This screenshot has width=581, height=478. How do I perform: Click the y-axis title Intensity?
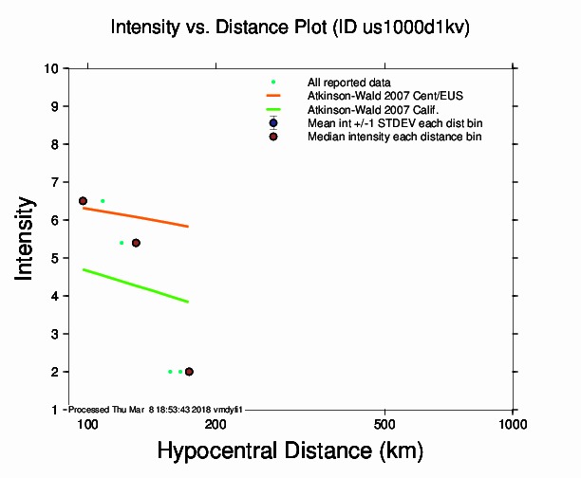(x=27, y=238)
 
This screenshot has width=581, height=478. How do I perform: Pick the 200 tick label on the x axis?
(x=216, y=423)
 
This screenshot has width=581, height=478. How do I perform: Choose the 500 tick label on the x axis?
(x=384, y=423)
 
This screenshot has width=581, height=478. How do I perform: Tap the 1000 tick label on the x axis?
(x=513, y=423)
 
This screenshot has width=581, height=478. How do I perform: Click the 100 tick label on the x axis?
(x=87, y=423)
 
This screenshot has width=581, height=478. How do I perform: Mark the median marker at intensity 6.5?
(x=83, y=201)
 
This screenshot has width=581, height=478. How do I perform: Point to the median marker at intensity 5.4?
(x=136, y=243)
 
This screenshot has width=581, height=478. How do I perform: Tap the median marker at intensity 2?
(x=189, y=372)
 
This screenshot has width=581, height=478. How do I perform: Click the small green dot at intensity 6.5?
(x=103, y=201)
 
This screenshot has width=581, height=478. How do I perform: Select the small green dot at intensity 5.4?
(x=122, y=243)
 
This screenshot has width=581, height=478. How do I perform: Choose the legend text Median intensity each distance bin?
(x=394, y=137)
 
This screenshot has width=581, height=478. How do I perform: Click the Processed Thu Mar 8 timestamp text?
(x=157, y=409)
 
